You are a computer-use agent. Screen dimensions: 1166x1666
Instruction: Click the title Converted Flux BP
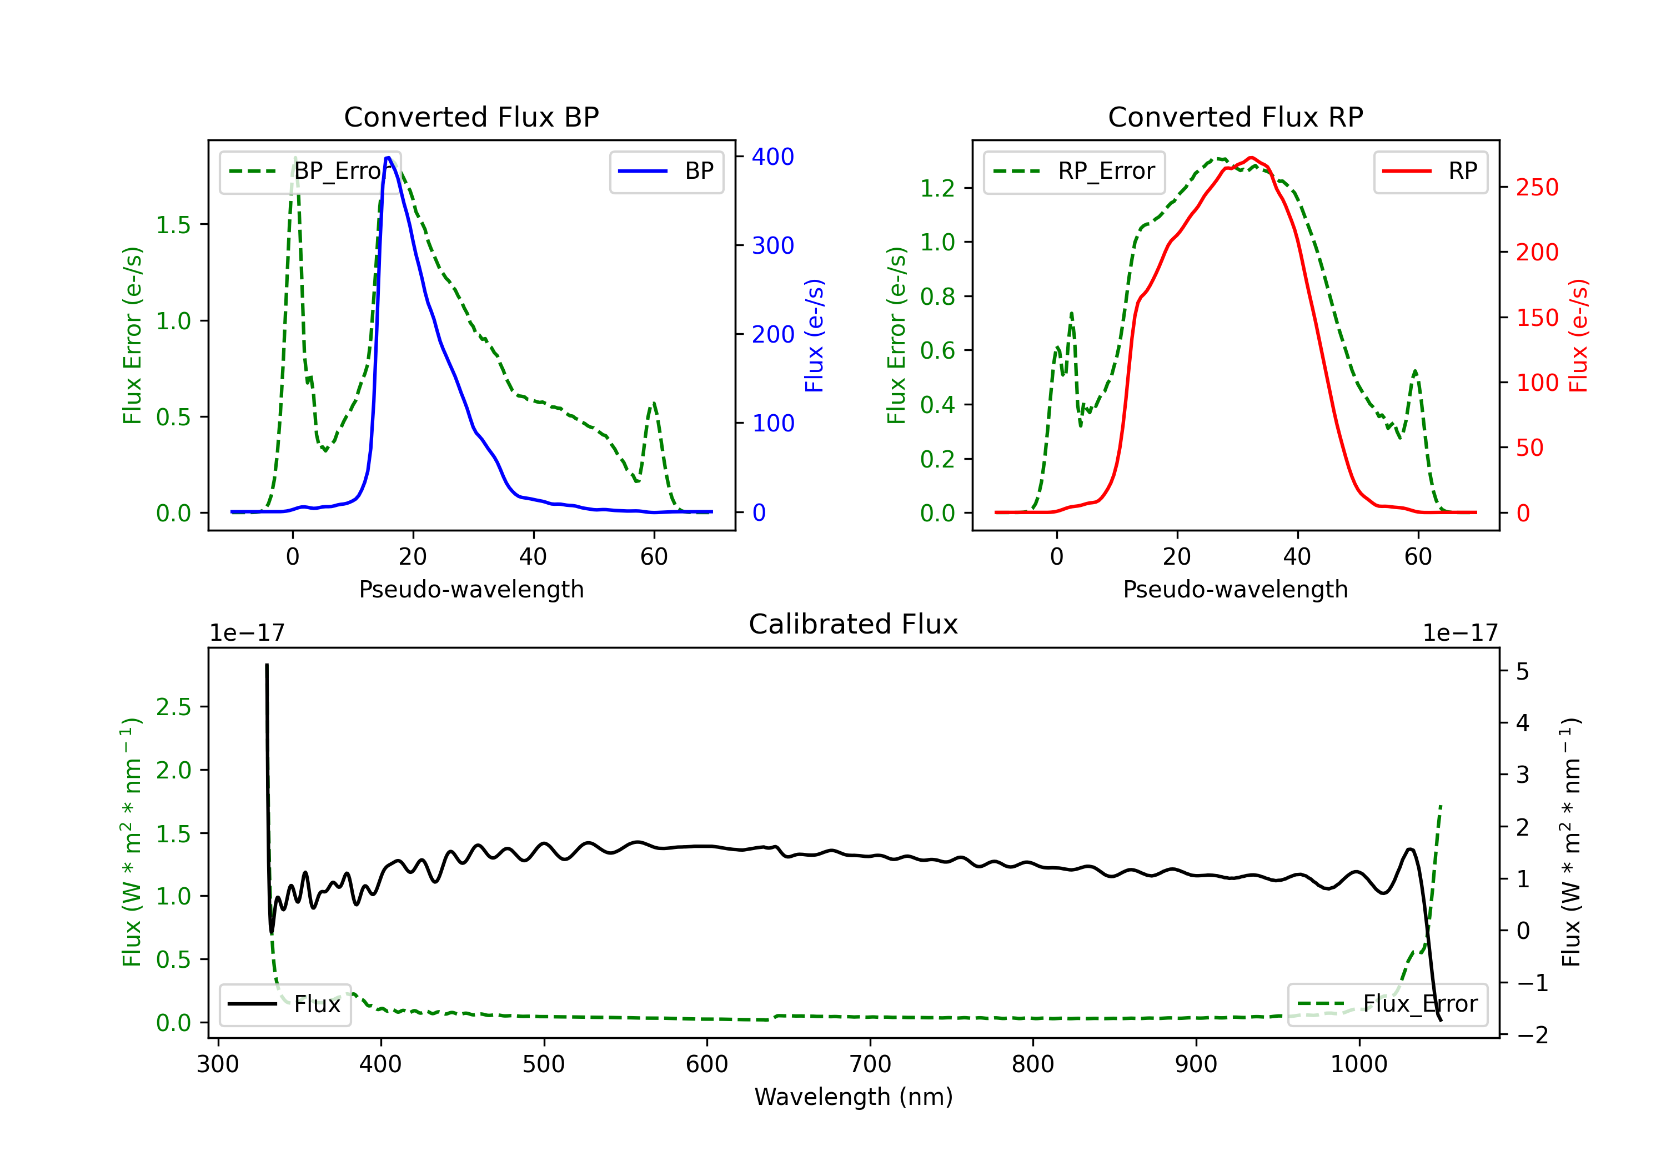point(471,117)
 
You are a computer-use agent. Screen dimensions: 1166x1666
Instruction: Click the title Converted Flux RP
point(1235,117)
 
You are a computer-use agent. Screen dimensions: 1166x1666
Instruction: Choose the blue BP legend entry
point(666,171)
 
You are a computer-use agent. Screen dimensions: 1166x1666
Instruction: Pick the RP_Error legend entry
point(1074,171)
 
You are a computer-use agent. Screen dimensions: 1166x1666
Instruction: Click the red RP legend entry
point(1430,171)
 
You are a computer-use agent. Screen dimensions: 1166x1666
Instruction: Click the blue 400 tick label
point(773,157)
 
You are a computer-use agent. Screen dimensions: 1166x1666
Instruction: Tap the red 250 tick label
point(1537,188)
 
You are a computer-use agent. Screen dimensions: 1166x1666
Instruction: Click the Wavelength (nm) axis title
point(854,1097)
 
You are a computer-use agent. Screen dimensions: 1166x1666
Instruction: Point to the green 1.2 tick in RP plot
point(937,189)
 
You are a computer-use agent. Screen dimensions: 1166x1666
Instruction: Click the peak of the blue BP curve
point(388,158)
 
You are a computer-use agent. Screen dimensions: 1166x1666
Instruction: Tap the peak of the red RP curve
point(1251,158)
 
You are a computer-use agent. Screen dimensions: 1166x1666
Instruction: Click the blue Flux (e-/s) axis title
point(814,335)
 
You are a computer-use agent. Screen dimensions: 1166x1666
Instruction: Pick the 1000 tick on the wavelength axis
point(1358,1064)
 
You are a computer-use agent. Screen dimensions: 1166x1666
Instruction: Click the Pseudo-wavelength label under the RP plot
point(1235,589)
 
